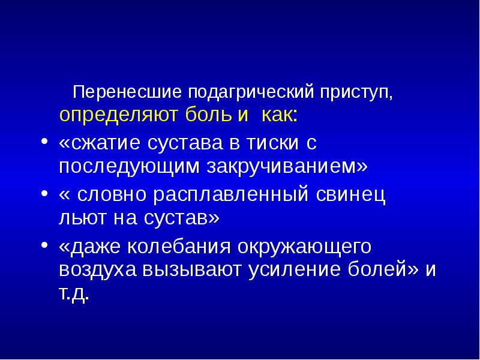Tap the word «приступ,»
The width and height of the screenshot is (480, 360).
(358, 93)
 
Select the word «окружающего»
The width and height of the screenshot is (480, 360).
(314, 247)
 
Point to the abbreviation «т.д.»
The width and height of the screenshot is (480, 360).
(74, 293)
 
